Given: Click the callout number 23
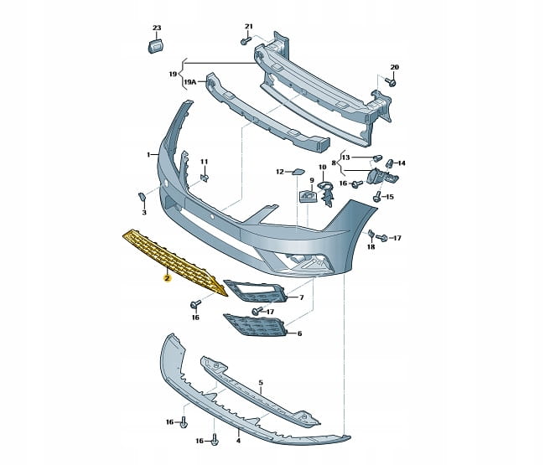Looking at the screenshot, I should [155, 28].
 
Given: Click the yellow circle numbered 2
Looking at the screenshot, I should [167, 278].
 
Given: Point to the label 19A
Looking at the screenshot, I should [190, 81].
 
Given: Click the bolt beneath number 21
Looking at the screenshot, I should [246, 41].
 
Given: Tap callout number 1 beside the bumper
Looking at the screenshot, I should [148, 155].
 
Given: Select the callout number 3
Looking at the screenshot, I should [143, 214].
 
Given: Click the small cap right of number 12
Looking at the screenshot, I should [298, 172].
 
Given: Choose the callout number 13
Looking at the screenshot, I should [345, 157].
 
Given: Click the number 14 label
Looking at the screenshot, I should [401, 163].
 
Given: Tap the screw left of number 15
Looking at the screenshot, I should [376, 197].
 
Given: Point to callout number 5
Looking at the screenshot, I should [261, 383].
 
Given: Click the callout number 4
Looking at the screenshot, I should [238, 439].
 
